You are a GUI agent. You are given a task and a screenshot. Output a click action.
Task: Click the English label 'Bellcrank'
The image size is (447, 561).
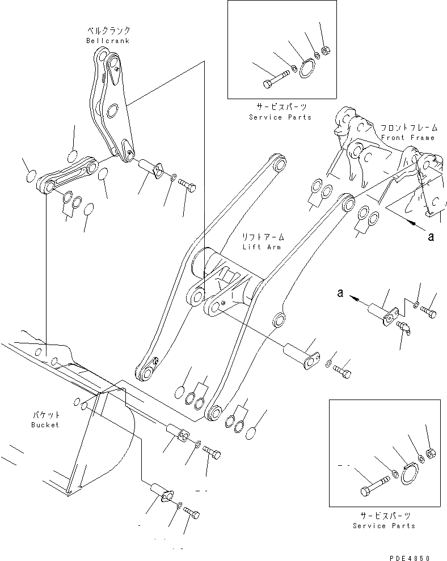pos(108,41)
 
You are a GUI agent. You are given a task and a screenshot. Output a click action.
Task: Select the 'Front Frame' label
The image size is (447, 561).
pos(407,138)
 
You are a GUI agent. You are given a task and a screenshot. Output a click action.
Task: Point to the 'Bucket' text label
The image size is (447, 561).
pos(45,424)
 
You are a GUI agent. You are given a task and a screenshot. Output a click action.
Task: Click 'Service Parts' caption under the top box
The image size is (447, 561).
pos(280,117)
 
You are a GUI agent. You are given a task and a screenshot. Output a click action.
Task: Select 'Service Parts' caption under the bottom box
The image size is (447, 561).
pos(384,525)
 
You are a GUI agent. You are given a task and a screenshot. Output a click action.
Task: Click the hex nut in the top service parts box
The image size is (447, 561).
pos(326,51)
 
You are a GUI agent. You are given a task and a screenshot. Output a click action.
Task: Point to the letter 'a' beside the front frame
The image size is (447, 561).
pos(431,237)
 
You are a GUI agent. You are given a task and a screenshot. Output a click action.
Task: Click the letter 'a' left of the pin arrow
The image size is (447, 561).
pos(340,292)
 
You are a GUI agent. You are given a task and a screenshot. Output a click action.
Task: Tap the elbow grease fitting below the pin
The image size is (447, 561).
pos(404,326)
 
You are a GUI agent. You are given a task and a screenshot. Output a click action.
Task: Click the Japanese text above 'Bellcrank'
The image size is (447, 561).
pos(108,31)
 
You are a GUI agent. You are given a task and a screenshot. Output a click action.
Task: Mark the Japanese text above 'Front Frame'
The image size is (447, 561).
pos(407,128)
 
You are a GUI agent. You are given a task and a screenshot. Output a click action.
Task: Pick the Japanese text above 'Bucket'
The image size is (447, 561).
pos(45,415)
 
